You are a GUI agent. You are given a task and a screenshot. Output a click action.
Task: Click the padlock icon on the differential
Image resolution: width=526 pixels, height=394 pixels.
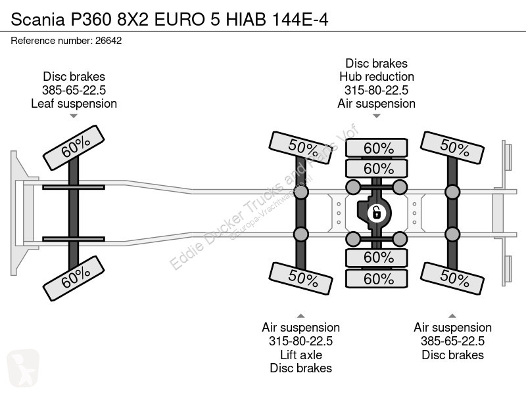(376, 213)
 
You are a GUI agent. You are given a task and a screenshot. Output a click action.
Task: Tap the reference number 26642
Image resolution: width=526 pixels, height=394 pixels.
(108, 41)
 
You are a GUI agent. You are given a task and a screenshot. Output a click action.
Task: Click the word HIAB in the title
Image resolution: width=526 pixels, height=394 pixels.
(246, 20)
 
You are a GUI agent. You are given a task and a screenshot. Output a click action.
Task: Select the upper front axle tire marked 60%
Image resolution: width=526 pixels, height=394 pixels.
(74, 147)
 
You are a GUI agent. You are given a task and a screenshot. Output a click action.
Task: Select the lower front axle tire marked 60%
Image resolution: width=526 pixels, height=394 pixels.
(74, 278)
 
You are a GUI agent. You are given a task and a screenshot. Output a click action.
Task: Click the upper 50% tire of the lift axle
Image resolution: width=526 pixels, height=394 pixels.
(301, 147)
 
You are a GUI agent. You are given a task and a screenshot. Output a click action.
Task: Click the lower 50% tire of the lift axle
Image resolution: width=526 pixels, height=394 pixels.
(301, 278)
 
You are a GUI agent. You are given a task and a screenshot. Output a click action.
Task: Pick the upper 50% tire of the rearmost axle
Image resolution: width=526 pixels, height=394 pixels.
(452, 147)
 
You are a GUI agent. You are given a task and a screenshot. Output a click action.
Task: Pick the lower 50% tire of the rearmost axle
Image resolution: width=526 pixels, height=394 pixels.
(452, 278)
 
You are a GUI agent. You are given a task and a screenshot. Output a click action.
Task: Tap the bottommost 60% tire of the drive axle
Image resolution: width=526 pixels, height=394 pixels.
(377, 278)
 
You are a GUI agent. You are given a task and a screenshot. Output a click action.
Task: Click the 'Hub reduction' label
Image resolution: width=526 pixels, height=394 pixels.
(377, 77)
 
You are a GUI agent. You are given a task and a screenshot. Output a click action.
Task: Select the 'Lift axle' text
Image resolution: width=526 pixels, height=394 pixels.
(301, 355)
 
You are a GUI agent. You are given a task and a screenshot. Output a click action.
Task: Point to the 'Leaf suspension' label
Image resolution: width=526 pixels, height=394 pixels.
(74, 104)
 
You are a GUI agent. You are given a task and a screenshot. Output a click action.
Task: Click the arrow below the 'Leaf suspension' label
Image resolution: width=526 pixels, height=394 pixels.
(74, 116)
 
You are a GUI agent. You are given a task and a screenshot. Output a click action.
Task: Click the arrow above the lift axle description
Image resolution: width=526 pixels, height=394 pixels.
(301, 316)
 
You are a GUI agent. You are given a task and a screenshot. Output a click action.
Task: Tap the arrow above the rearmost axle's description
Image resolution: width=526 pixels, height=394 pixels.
(452, 316)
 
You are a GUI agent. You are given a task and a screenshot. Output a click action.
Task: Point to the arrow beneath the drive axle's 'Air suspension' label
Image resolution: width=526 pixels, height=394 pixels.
(377, 116)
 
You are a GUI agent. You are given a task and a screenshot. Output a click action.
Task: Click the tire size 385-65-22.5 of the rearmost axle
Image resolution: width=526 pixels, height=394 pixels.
(452, 341)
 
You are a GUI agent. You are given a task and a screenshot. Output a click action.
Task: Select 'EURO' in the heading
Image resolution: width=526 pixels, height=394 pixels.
(179, 20)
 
